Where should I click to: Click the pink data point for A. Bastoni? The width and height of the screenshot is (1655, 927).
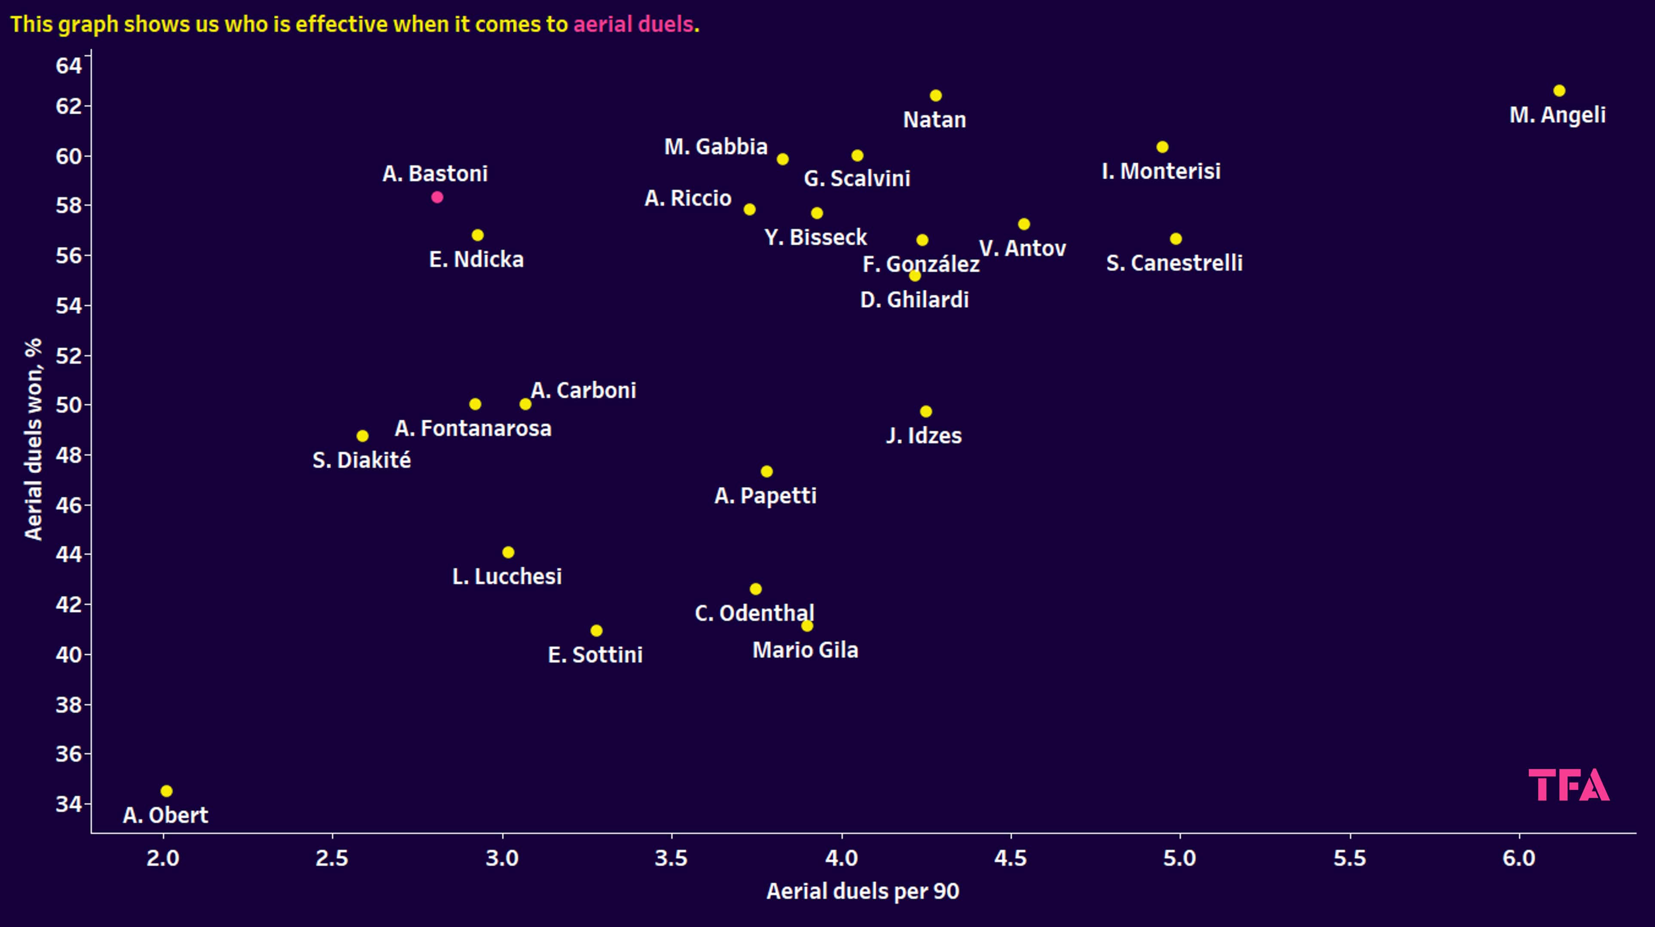(437, 197)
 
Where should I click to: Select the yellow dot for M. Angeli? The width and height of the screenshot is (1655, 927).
(1559, 91)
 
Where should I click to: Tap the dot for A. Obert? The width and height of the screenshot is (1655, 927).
(166, 791)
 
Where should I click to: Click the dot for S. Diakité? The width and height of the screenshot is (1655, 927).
(362, 436)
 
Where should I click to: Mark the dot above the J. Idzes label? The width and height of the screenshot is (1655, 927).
(926, 411)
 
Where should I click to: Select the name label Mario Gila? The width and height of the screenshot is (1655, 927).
(805, 650)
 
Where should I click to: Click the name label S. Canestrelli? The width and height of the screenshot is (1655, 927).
(1174, 263)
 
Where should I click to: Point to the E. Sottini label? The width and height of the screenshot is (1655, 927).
(595, 655)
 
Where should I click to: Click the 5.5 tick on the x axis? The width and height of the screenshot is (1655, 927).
(1350, 858)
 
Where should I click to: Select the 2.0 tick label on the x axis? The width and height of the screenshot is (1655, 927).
(163, 858)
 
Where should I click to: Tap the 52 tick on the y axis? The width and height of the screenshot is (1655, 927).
(69, 355)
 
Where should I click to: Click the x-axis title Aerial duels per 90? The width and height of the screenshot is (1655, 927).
(862, 891)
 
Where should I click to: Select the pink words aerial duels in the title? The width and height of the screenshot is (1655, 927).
(633, 24)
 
